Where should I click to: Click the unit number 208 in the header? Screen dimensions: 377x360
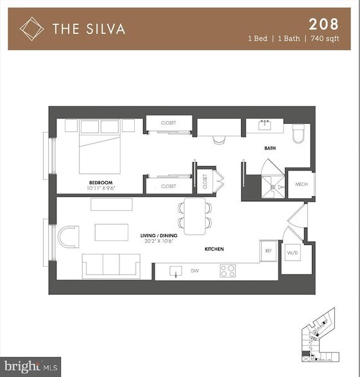pyautogui.click(x=324, y=25)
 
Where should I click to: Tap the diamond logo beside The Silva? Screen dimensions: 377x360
pyautogui.click(x=31, y=28)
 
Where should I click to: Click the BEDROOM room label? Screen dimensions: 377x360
pyautogui.click(x=101, y=183)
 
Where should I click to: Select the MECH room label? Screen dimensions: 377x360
pyautogui.click(x=300, y=185)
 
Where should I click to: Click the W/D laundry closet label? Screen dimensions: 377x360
pyautogui.click(x=292, y=252)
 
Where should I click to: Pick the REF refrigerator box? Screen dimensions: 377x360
pyautogui.click(x=268, y=250)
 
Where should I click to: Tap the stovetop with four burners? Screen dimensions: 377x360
pyautogui.click(x=228, y=271)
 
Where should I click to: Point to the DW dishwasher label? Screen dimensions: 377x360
pyautogui.click(x=194, y=271)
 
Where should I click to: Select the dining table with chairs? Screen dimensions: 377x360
pyautogui.click(x=194, y=214)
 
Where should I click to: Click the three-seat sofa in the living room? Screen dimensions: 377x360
pyautogui.click(x=111, y=264)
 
